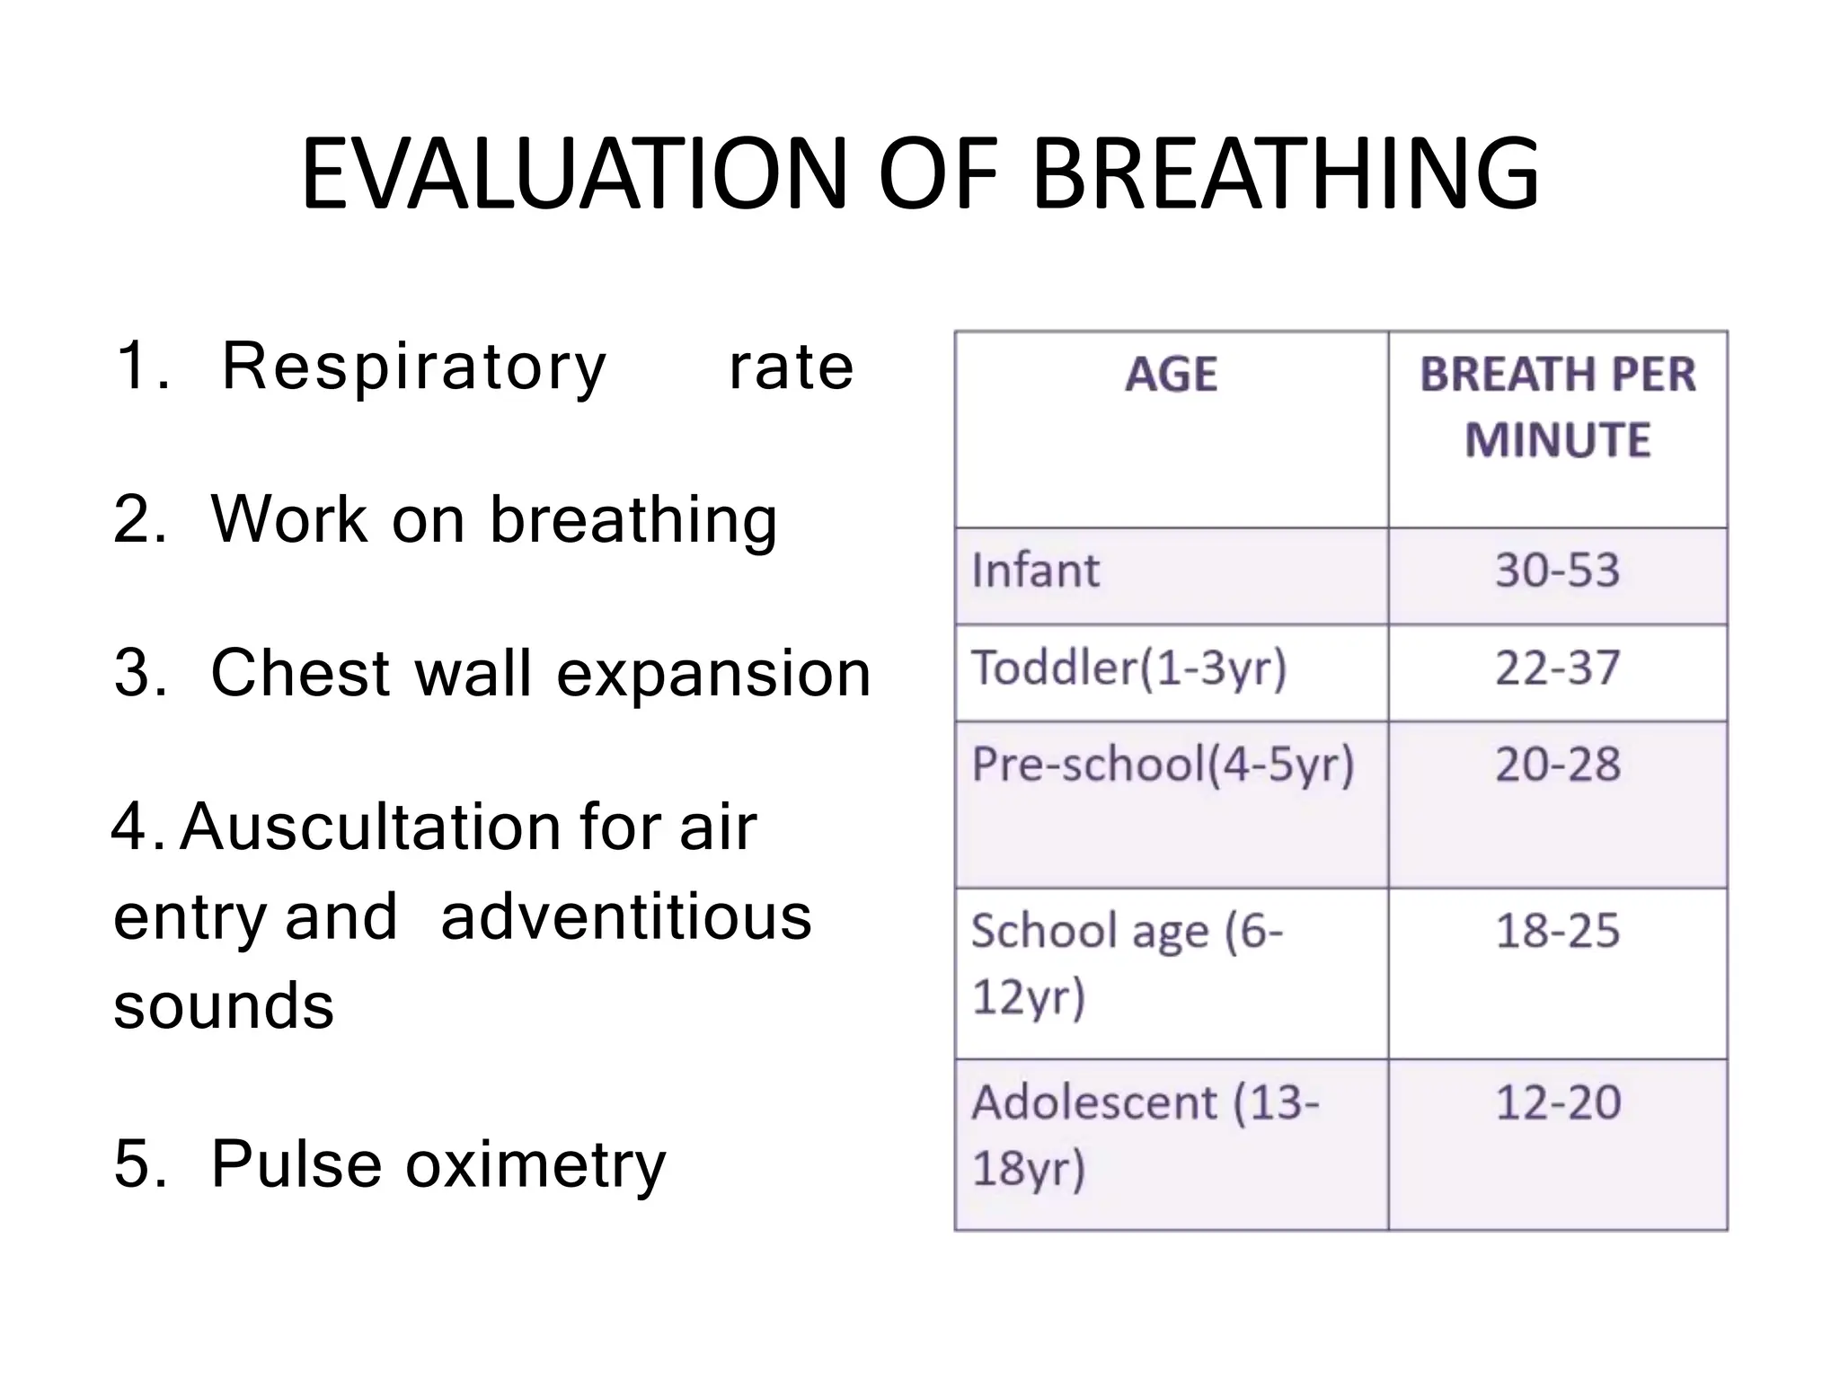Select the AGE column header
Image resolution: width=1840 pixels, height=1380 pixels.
click(x=1171, y=375)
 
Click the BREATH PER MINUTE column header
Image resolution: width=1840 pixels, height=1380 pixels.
click(x=1557, y=407)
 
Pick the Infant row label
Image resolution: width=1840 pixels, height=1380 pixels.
click(x=1035, y=571)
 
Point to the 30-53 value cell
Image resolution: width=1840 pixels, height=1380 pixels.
click(x=1557, y=571)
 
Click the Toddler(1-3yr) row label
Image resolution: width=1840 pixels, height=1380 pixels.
click(x=1128, y=668)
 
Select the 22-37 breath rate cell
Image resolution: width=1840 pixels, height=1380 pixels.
click(x=1557, y=668)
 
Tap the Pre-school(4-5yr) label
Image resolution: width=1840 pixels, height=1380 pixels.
click(x=1163, y=765)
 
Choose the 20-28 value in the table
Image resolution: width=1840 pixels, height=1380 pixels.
click(x=1557, y=765)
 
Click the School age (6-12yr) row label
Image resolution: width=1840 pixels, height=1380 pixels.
click(x=1127, y=963)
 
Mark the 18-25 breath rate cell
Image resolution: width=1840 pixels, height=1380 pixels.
click(x=1557, y=931)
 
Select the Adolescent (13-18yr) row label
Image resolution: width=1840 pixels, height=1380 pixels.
click(x=1145, y=1134)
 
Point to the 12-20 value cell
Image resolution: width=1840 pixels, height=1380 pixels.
click(x=1557, y=1102)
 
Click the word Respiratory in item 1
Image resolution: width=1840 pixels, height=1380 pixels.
click(x=414, y=367)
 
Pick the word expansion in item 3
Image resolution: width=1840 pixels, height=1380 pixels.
click(x=713, y=674)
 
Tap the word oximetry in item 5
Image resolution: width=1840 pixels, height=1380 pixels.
click(x=535, y=1164)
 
